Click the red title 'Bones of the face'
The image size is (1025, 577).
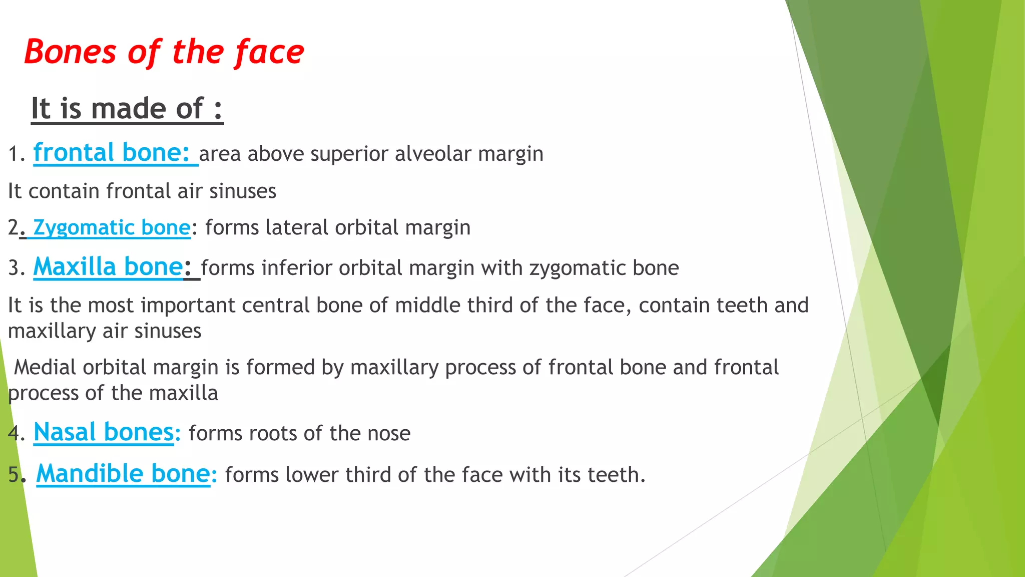coord(164,52)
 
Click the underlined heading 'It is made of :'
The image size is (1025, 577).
coord(127,109)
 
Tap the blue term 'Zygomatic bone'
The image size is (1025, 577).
coord(111,228)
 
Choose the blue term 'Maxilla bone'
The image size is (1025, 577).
coord(108,267)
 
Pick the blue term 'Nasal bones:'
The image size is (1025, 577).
coord(107,432)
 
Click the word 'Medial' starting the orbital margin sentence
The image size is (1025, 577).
coord(45,367)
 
